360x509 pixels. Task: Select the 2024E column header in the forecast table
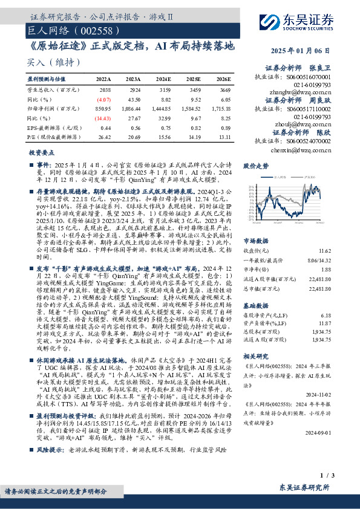click(163, 79)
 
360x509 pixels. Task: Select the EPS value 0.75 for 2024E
click(163, 128)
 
